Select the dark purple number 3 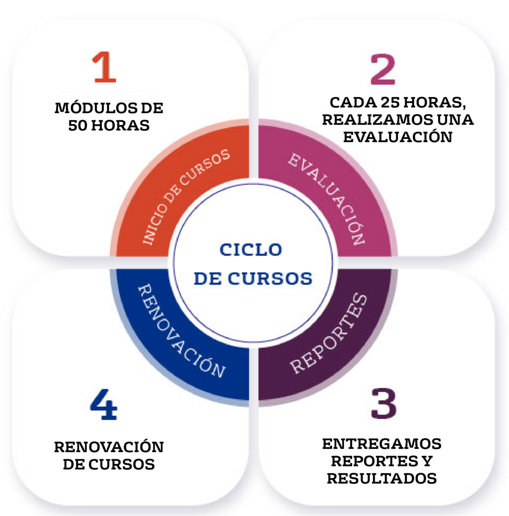click(x=384, y=403)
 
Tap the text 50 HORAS click(x=109, y=125)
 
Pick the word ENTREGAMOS click(x=382, y=444)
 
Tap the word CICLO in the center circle click(x=251, y=249)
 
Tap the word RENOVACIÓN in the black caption click(x=109, y=446)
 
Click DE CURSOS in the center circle click(x=253, y=278)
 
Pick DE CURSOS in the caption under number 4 click(x=109, y=464)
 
